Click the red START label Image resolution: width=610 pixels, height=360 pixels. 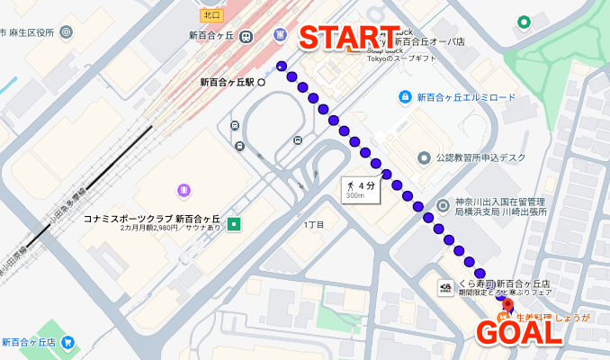(349, 39)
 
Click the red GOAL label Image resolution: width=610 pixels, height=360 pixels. (519, 332)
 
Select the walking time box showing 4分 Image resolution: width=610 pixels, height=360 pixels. (360, 189)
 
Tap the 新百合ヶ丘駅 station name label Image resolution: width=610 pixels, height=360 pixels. (227, 82)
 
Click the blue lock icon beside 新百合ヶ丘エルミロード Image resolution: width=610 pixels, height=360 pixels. (406, 96)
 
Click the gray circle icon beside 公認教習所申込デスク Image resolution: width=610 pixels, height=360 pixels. (424, 158)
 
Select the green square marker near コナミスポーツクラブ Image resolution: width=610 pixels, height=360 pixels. (235, 223)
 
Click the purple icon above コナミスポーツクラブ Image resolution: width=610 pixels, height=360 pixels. (184, 190)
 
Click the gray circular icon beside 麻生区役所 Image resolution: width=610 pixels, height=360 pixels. (68, 32)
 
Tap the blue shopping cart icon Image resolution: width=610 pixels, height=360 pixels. (68, 343)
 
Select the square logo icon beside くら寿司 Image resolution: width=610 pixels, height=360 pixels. (446, 287)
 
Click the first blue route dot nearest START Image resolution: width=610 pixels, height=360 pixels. (282, 67)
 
